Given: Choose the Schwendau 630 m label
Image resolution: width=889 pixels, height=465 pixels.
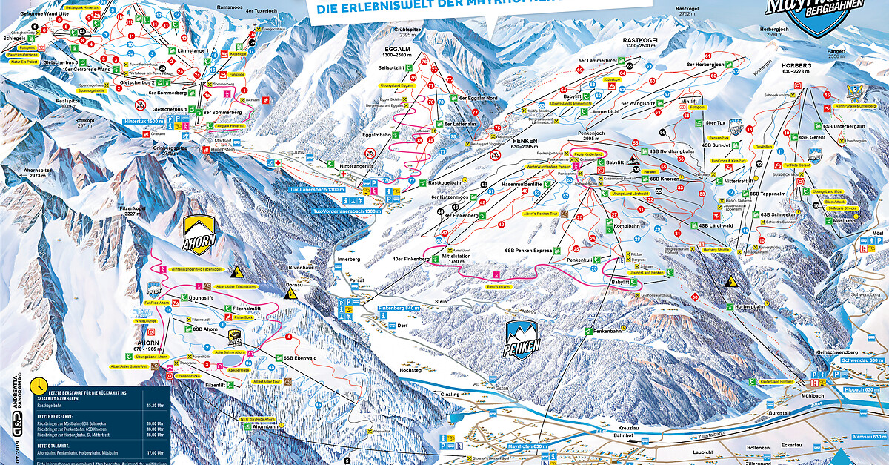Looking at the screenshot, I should (x=863, y=360).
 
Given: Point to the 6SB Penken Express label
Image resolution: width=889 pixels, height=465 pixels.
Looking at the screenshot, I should (x=529, y=251).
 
